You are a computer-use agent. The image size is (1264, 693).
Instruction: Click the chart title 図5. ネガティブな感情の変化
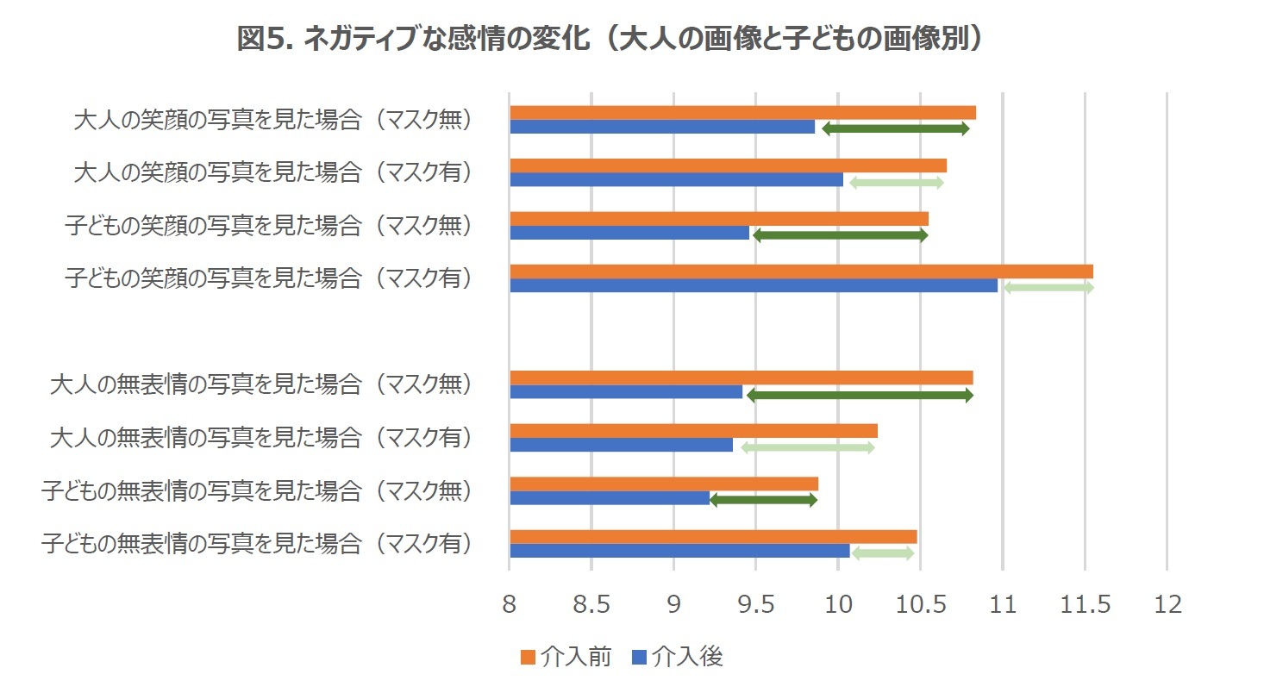tap(610, 39)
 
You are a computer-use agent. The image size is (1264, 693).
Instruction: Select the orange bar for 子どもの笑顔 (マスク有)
tap(801, 272)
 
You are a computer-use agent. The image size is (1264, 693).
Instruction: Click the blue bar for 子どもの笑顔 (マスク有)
tap(754, 285)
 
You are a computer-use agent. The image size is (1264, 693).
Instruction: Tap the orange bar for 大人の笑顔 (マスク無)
tap(742, 112)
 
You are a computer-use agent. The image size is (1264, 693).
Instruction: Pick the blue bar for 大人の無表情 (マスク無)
tap(626, 392)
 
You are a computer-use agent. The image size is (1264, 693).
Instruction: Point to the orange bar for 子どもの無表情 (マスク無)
tap(664, 484)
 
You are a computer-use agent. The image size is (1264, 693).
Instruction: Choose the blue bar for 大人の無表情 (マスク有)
tap(621, 445)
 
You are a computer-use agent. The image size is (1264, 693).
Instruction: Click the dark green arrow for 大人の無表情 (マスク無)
tap(860, 396)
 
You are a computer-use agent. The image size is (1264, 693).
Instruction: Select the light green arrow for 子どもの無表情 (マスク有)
tap(882, 553)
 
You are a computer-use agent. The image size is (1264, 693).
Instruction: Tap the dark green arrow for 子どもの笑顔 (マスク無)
tap(840, 235)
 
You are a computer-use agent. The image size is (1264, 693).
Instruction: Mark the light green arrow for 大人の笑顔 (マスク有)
tap(896, 183)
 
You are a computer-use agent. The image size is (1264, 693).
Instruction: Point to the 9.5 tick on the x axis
tap(755, 604)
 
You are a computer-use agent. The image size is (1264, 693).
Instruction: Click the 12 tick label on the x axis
tap(1167, 604)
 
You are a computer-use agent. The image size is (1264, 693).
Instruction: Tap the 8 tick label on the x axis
tap(510, 604)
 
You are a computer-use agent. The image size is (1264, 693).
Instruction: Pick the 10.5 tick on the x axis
tap(920, 604)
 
